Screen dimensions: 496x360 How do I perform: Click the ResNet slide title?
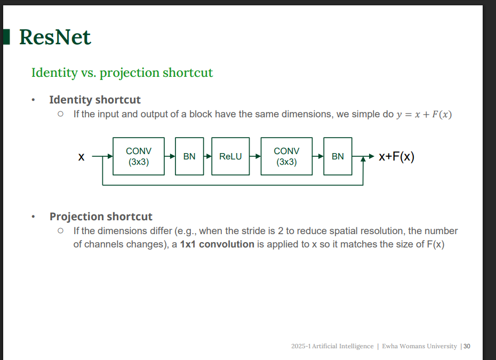tap(55, 37)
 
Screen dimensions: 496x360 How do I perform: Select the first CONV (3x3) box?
tap(139, 156)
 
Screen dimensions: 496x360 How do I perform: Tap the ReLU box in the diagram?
tap(230, 156)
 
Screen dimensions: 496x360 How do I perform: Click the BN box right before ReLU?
tap(189, 156)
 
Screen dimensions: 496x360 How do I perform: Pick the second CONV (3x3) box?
tap(286, 156)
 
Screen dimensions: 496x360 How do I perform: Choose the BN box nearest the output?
tap(338, 156)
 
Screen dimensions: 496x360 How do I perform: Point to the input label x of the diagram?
tap(81, 157)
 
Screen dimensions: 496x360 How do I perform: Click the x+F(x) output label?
tap(397, 157)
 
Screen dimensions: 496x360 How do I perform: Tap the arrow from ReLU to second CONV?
tap(255, 156)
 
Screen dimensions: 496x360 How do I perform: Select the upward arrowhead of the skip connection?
tap(363, 159)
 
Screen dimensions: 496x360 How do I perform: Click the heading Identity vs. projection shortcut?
tap(122, 73)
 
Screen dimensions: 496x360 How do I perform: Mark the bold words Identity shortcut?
tap(95, 100)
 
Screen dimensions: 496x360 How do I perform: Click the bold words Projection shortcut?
tap(101, 217)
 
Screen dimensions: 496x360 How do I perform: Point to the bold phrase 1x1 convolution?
tap(217, 244)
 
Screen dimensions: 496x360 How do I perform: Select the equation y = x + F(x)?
tap(424, 114)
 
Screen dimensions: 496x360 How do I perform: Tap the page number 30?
tap(467, 346)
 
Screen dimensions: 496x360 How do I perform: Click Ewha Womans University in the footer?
tap(419, 346)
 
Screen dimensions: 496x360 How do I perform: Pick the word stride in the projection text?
tap(253, 231)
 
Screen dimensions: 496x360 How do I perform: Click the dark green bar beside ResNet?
tap(6, 37)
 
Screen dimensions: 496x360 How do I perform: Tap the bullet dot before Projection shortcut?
tap(33, 217)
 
